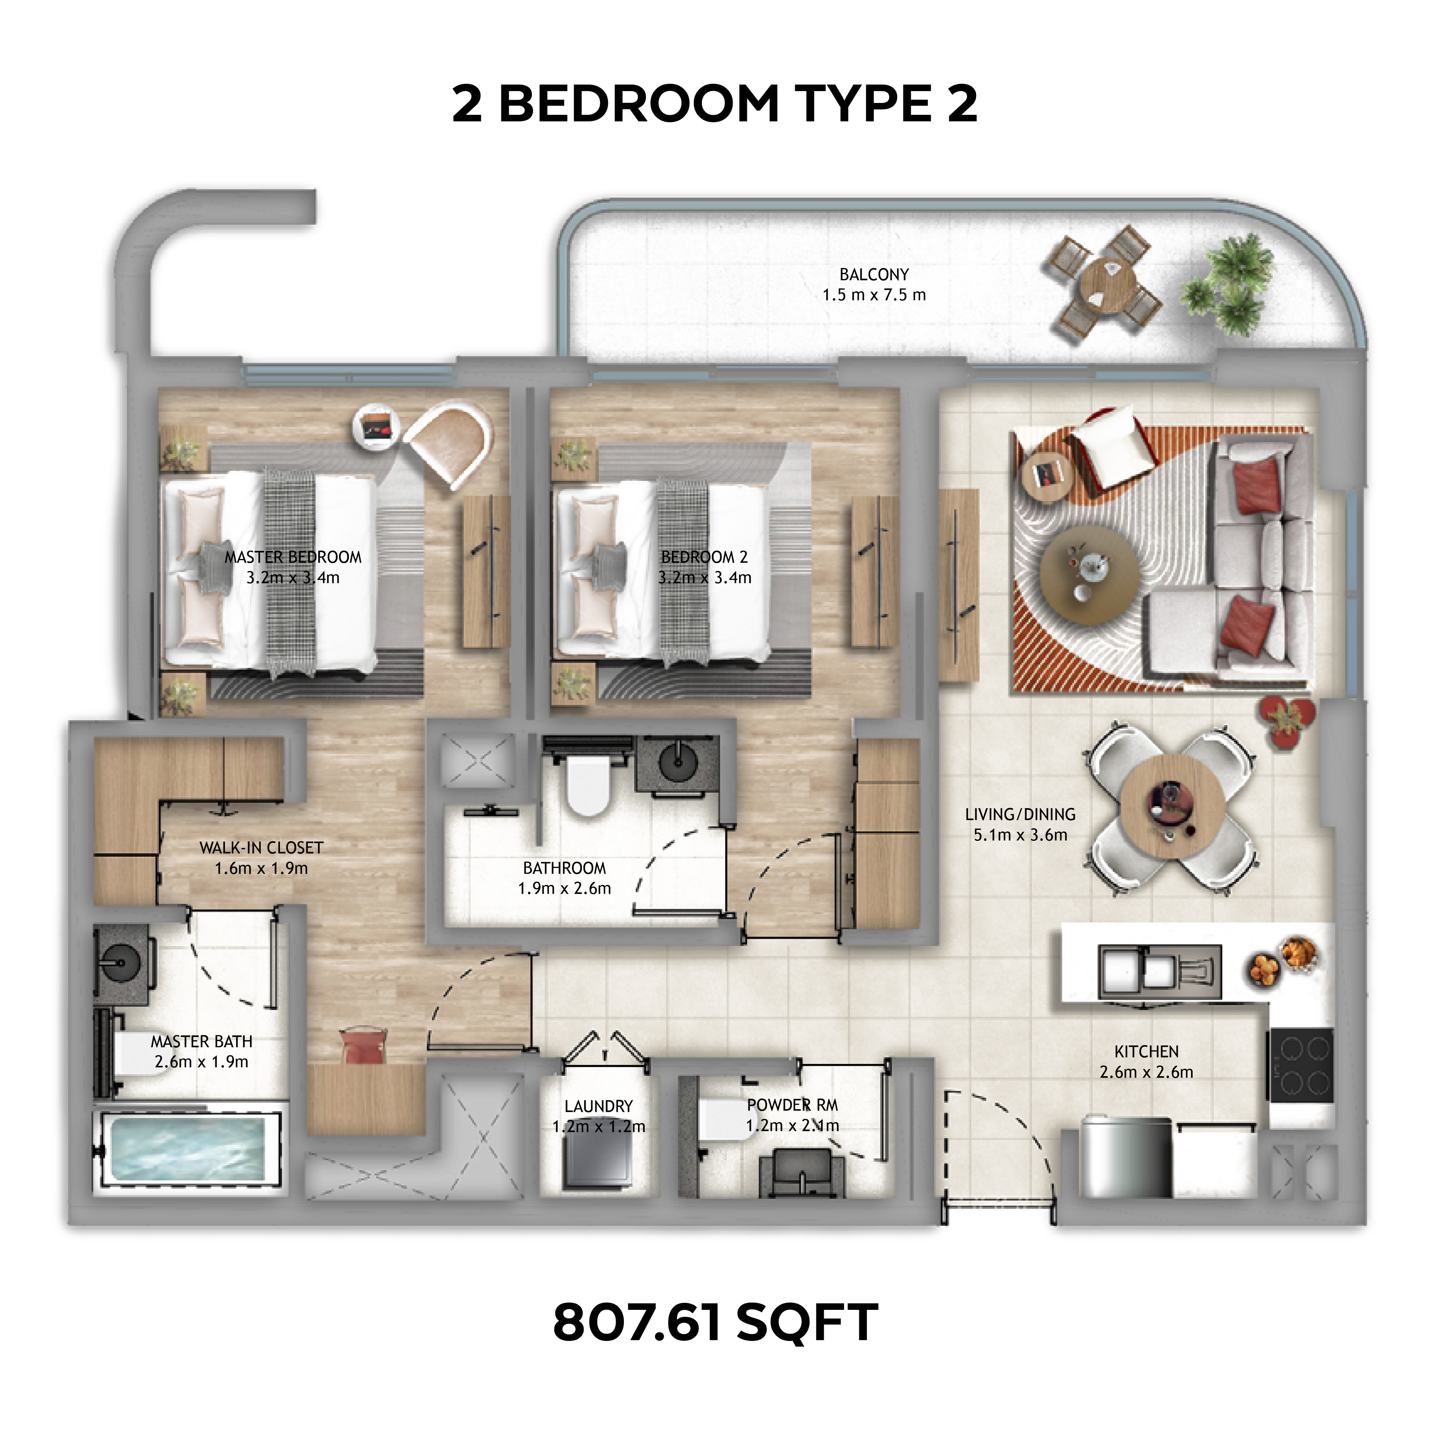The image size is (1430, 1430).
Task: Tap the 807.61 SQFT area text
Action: (715, 1321)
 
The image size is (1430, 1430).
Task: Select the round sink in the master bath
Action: (119, 965)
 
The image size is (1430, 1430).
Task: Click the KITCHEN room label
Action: (1146, 1051)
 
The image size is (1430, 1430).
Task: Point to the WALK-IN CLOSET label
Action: (261, 847)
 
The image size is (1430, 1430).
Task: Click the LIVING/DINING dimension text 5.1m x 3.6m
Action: (1020, 835)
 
